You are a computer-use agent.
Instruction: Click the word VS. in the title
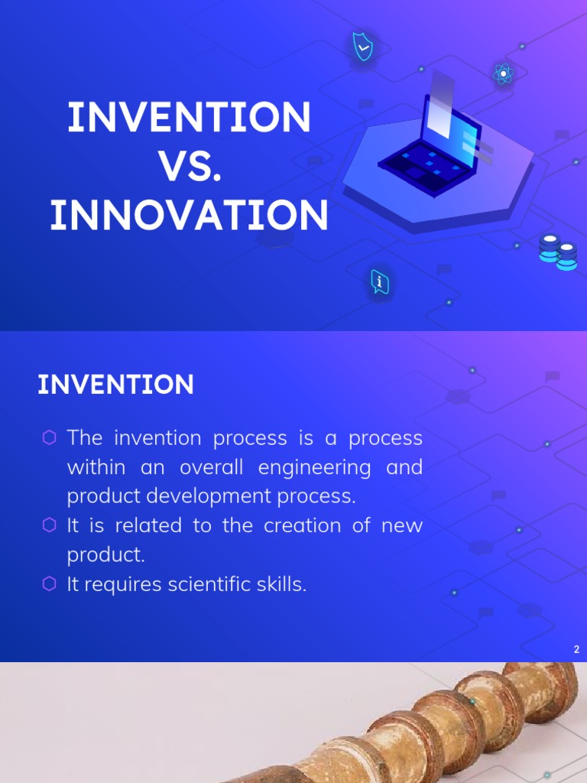(190, 167)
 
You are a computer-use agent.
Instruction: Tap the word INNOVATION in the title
(190, 216)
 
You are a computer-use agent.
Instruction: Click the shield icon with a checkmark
(362, 47)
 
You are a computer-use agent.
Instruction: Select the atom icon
(502, 74)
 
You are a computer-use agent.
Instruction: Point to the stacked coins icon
(558, 252)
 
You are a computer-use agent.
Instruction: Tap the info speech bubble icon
(380, 282)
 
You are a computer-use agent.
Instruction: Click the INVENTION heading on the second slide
(115, 385)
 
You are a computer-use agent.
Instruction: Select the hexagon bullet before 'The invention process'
(50, 437)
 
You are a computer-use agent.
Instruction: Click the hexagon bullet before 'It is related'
(50, 525)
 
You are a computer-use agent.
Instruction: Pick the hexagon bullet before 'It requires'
(50, 584)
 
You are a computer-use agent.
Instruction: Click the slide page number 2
(576, 650)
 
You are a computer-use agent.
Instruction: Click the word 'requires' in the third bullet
(122, 585)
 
